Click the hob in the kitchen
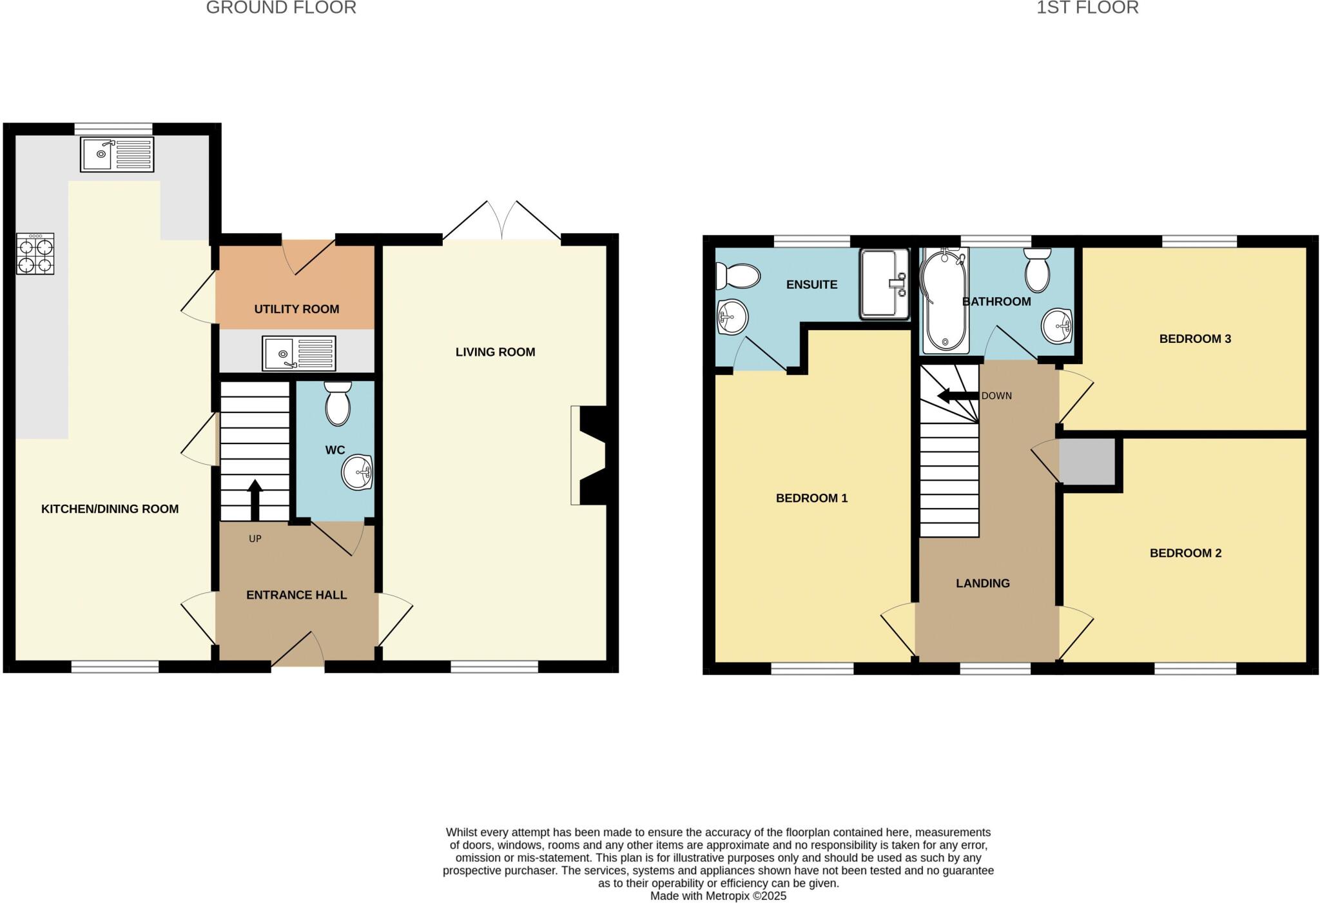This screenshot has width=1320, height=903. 35,254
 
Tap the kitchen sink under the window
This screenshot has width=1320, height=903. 117,155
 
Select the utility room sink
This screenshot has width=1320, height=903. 298,353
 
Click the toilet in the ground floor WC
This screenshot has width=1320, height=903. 338,403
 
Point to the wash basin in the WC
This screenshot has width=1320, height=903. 357,472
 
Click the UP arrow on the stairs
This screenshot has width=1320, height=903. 255,500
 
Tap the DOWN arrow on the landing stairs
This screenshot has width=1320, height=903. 957,395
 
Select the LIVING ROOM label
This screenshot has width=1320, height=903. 495,352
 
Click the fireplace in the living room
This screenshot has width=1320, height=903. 588,455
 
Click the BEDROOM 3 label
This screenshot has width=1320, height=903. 1195,338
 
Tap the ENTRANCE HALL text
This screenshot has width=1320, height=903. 296,595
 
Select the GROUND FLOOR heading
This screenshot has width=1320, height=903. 281,8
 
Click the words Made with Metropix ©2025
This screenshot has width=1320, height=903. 718,896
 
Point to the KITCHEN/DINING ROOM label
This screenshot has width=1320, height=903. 110,509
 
